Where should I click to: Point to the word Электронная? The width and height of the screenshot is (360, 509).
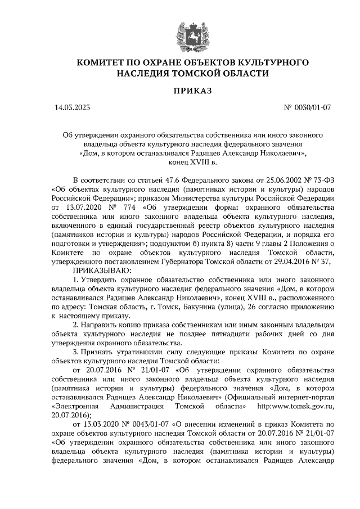(x=75, y=407)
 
